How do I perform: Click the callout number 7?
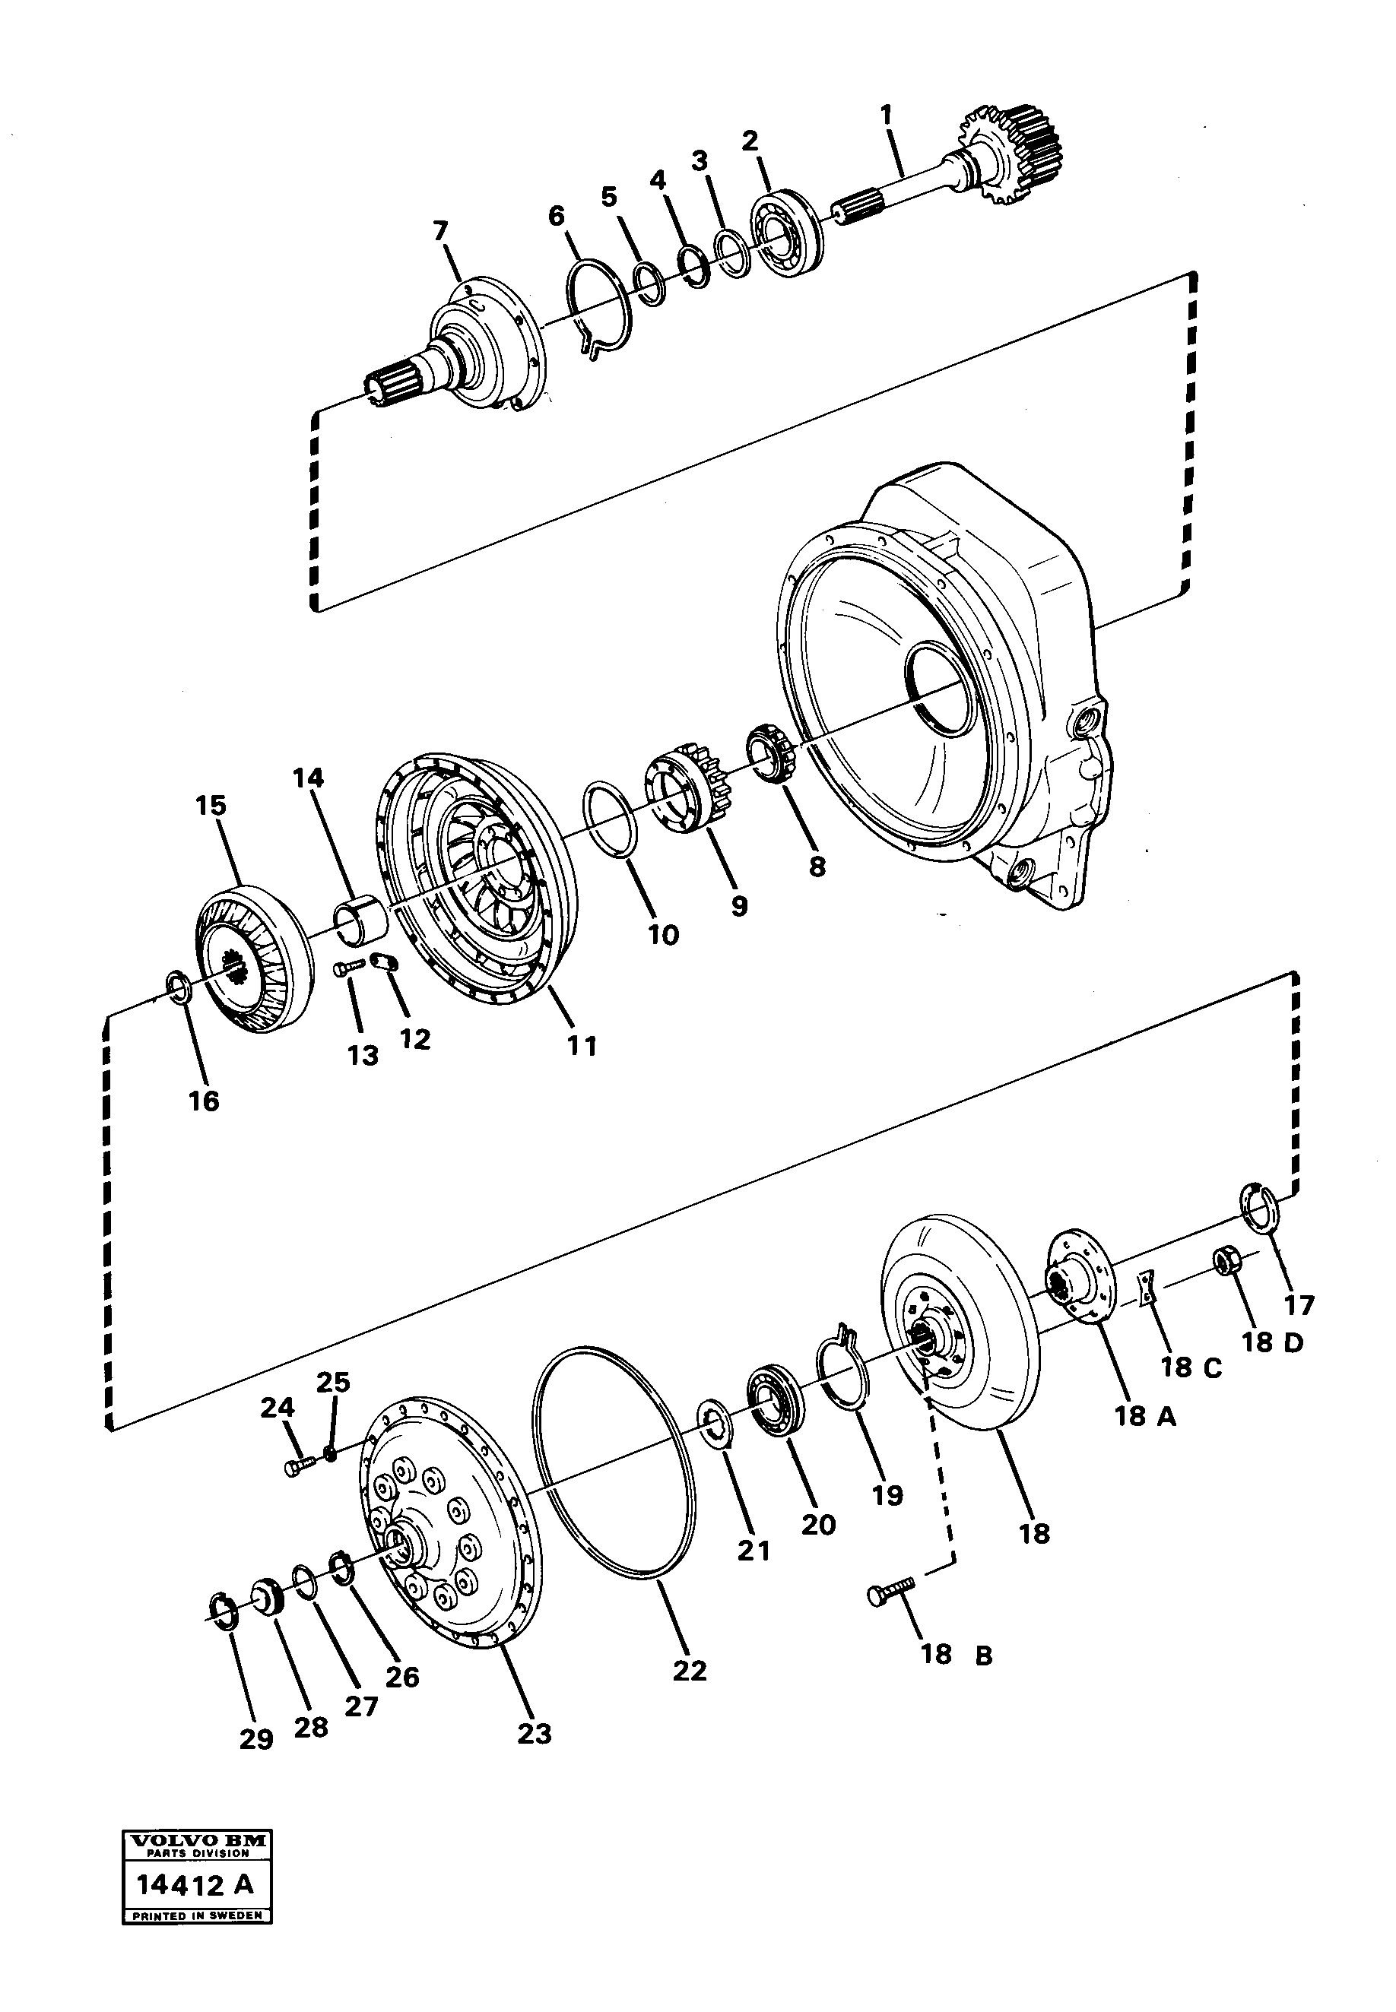coord(441,231)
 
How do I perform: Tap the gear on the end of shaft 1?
coord(1014,155)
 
